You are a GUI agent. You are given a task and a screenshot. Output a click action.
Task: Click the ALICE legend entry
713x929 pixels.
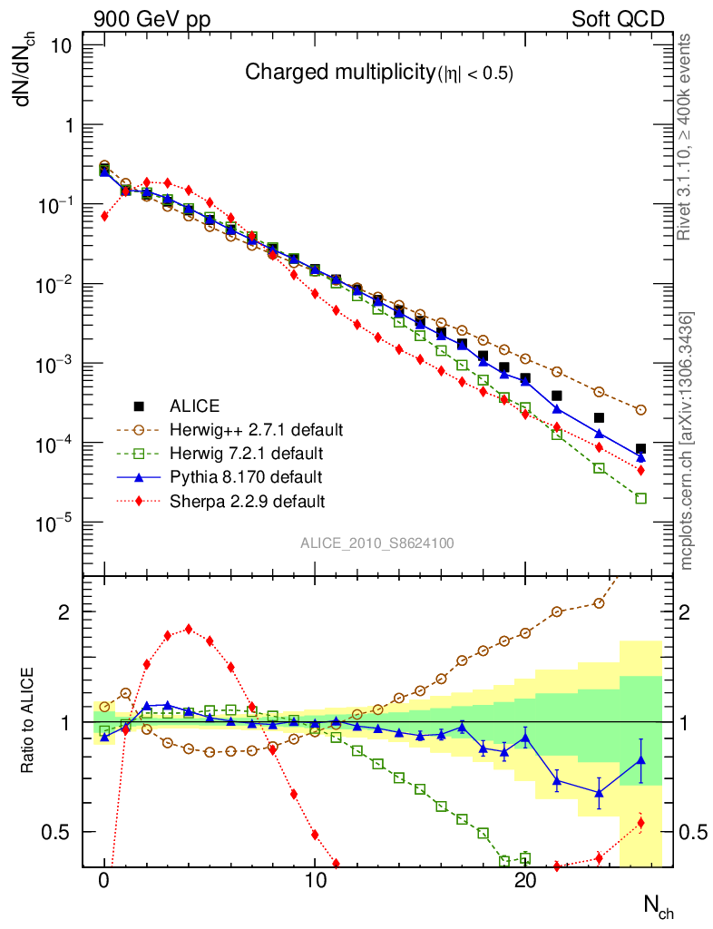[x=194, y=406]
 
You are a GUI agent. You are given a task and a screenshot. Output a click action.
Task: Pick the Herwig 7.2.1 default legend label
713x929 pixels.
[x=246, y=453]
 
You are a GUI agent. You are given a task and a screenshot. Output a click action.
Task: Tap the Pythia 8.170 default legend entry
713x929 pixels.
[x=245, y=476]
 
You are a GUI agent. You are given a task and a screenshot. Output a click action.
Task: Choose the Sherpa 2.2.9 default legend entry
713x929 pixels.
[x=247, y=500]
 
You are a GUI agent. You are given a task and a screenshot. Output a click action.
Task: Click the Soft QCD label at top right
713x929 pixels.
[x=618, y=19]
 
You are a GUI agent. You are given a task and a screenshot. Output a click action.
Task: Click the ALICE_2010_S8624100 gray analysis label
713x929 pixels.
[x=377, y=543]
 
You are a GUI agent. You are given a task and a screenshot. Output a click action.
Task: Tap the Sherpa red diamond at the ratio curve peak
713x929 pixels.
[x=188, y=629]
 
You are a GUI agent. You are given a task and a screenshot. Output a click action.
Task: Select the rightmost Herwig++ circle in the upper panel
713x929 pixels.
[x=641, y=410]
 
